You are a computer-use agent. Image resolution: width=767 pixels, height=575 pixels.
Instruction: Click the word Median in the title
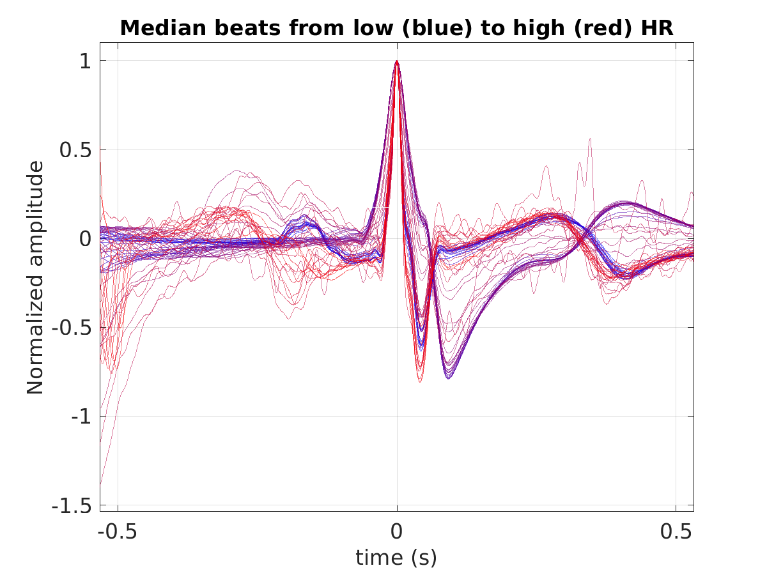point(163,28)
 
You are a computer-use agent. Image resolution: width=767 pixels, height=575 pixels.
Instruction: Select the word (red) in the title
point(603,29)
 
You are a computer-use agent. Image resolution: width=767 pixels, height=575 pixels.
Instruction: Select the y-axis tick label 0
point(85,239)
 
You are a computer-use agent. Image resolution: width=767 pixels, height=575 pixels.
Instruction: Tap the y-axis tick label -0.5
point(72,328)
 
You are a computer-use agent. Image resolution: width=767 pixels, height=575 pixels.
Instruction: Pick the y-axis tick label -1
point(81,417)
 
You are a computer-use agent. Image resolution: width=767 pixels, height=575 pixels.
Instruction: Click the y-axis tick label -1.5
point(72,505)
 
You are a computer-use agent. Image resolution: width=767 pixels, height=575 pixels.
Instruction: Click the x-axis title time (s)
point(396,558)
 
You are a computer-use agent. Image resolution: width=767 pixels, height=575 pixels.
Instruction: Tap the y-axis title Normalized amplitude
point(35,277)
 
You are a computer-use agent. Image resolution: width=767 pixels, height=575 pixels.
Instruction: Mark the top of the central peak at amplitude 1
point(397,61)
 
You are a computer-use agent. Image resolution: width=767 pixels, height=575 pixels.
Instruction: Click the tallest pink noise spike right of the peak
point(590,139)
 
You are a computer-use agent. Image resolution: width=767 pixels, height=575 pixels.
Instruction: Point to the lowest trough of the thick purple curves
point(449,378)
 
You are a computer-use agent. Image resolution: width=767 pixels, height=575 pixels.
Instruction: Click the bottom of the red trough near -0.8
point(420,382)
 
